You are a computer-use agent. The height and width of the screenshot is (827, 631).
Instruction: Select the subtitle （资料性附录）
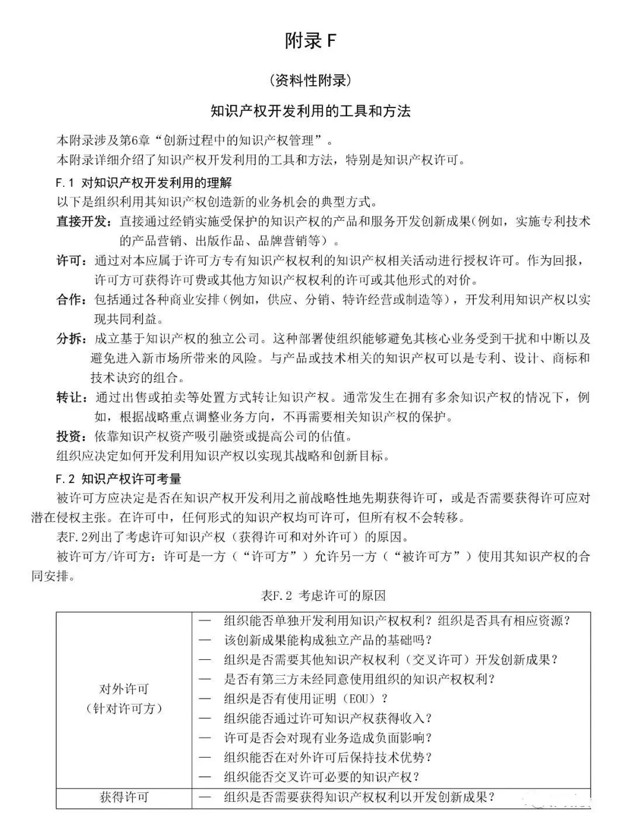click(311, 80)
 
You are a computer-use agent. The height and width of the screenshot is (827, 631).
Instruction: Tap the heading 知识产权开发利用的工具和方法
click(311, 110)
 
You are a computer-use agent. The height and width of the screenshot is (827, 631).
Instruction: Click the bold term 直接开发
click(82, 221)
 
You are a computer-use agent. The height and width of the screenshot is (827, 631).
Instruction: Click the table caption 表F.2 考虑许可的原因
click(323, 596)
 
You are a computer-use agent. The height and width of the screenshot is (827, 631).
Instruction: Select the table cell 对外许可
click(124, 689)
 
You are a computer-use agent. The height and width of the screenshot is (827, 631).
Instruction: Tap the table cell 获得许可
click(124, 797)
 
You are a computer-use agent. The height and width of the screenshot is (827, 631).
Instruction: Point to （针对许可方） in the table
click(124, 708)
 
